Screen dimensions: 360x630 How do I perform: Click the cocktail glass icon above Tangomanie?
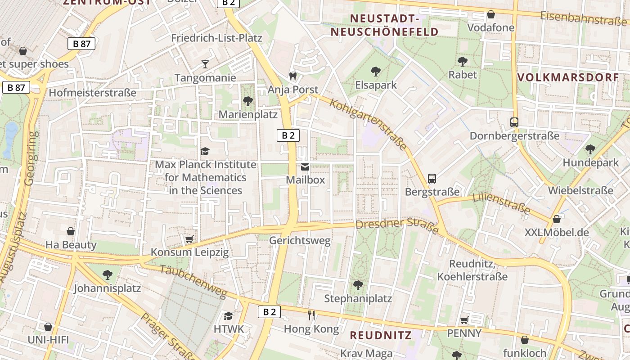(x=205, y=64)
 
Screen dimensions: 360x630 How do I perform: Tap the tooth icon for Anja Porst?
(x=293, y=76)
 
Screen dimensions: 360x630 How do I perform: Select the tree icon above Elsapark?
(x=376, y=71)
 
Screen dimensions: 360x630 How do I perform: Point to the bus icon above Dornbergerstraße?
(x=514, y=122)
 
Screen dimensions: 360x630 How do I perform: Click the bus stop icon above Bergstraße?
(x=432, y=179)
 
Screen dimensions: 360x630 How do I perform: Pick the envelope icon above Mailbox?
(x=305, y=167)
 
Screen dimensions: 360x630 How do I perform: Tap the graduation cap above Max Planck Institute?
(x=205, y=151)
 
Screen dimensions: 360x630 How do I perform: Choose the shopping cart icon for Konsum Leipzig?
(x=189, y=239)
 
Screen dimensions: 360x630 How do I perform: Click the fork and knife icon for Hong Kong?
(x=311, y=315)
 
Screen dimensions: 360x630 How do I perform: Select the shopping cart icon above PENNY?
(x=464, y=320)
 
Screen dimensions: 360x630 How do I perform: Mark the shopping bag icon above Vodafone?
(x=490, y=14)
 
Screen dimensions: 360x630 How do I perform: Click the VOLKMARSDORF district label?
(x=568, y=77)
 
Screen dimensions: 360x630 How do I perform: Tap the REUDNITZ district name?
(x=381, y=335)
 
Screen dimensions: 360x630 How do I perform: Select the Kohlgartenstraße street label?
(x=369, y=124)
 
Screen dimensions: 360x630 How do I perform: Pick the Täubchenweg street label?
(x=193, y=281)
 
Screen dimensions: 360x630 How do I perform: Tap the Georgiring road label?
(x=31, y=158)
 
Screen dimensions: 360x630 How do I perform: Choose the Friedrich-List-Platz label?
(x=216, y=38)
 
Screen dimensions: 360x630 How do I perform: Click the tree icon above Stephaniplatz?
(x=358, y=285)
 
